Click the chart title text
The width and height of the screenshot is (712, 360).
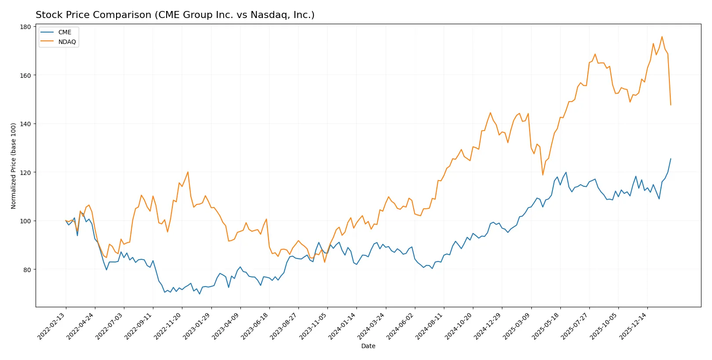(175, 15)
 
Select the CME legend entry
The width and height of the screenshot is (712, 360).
(64, 32)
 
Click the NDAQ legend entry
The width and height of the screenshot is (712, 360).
(67, 42)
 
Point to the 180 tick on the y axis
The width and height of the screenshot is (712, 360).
(25, 27)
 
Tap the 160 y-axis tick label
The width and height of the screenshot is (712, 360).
(25, 76)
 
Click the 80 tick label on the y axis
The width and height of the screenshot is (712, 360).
(27, 269)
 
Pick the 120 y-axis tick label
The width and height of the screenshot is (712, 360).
(25, 173)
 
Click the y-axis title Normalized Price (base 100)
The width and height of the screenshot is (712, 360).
(14, 166)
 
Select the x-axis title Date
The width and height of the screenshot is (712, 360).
(368, 346)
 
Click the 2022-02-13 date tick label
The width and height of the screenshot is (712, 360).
(52, 326)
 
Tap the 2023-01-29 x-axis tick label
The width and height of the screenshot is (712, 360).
(197, 326)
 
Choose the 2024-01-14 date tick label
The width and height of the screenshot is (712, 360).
(342, 326)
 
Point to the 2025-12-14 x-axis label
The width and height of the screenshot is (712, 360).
(633, 326)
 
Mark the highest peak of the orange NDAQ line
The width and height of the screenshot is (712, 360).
(662, 36)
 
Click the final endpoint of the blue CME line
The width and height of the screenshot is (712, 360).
(671, 159)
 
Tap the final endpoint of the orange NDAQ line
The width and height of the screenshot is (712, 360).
(671, 105)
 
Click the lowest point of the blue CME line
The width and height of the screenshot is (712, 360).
(200, 294)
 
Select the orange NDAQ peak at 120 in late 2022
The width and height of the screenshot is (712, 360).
(188, 172)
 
